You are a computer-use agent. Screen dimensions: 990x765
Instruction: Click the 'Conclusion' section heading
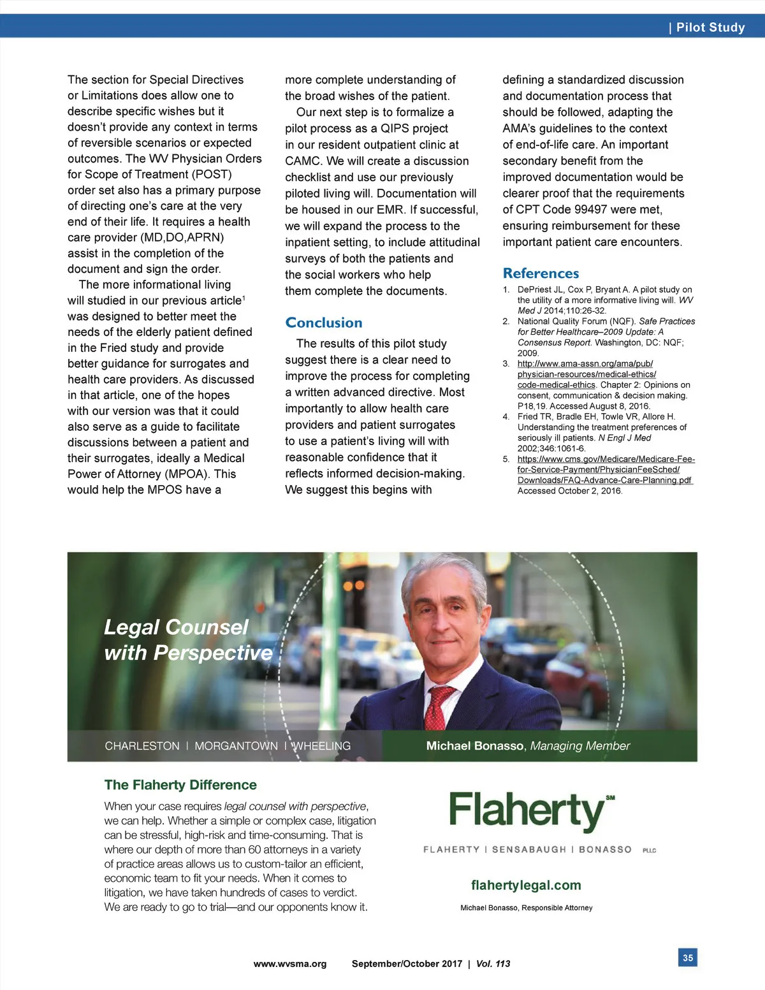click(324, 323)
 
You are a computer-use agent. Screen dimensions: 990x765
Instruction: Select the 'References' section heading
click(541, 273)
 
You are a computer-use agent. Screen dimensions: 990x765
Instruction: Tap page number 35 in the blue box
click(688, 957)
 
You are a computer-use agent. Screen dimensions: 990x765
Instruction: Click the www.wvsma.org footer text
click(290, 964)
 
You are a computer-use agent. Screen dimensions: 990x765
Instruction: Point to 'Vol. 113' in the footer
click(493, 964)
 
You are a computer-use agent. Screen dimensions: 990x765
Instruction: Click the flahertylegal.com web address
click(526, 885)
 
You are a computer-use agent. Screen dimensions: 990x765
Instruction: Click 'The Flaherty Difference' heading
click(180, 785)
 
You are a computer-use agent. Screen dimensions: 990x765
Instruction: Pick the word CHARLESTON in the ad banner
click(142, 746)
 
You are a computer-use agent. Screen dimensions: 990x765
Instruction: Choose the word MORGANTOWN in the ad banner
click(236, 746)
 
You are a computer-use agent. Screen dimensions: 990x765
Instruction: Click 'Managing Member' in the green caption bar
click(580, 746)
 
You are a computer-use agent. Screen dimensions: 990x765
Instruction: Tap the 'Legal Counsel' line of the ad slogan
click(176, 627)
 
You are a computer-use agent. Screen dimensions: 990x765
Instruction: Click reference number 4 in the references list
click(506, 417)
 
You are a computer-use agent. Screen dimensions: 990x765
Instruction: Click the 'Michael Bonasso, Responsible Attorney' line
click(526, 908)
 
